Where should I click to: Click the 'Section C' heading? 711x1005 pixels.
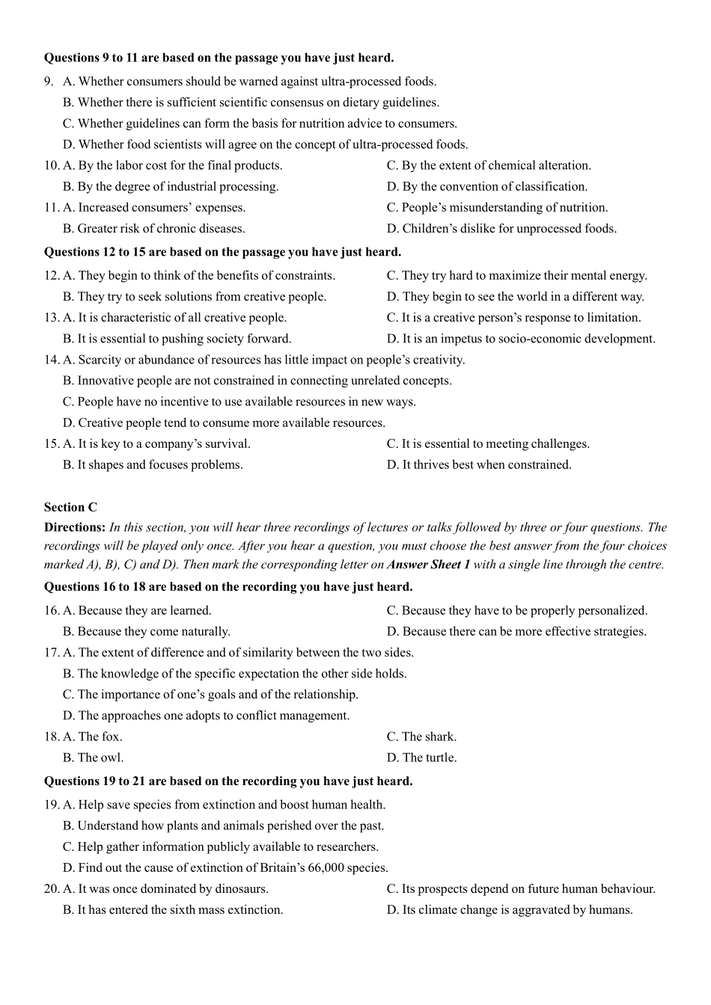coord(70,507)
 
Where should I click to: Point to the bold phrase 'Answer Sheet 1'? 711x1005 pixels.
coord(428,565)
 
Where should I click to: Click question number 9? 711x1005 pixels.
coord(49,82)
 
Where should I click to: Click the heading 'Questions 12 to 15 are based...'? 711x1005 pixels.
coord(222,252)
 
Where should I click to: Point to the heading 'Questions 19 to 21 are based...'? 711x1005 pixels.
coord(228,781)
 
